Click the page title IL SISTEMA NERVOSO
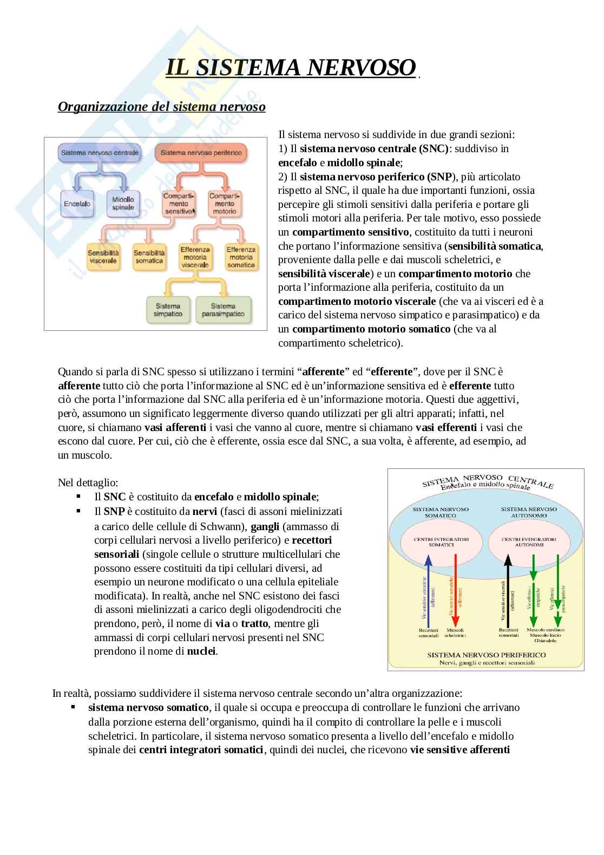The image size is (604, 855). pos(291,67)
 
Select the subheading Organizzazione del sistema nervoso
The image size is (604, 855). pos(161,107)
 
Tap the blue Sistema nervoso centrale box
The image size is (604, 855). pos(100,153)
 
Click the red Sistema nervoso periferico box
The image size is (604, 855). pos(201,153)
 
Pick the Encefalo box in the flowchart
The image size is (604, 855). pos(77,204)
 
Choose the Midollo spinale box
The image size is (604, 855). pos(123,204)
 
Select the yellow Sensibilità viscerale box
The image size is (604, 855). pos(103,257)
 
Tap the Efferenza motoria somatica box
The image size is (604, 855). pos(241,257)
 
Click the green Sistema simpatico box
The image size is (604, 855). pos(168,310)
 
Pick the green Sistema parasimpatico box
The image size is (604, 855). pos(224,310)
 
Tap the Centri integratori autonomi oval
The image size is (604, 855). pos(522,542)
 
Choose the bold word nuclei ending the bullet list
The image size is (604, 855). pos(202,651)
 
